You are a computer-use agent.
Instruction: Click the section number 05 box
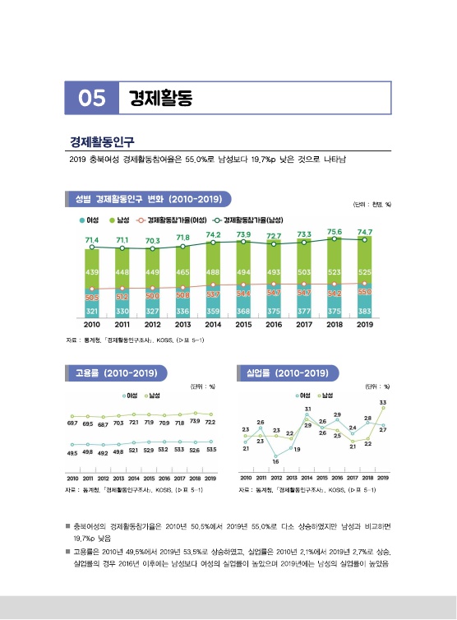tap(91, 99)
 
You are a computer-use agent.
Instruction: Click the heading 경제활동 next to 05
tap(159, 99)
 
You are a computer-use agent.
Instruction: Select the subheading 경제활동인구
tap(103, 141)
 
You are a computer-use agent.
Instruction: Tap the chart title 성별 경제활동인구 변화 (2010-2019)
tap(147, 199)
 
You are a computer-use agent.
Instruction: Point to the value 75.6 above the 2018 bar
tap(335, 232)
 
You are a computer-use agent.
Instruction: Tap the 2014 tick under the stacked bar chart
tap(213, 326)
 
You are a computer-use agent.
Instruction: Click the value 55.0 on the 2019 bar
tap(364, 292)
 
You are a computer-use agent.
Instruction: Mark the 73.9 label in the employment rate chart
tap(195, 420)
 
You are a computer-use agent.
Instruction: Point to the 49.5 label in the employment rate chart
tap(72, 453)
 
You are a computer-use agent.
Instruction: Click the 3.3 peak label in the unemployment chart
tap(383, 402)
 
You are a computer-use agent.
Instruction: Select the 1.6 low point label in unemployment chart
tap(276, 461)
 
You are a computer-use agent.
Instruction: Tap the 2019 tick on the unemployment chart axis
tap(383, 478)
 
